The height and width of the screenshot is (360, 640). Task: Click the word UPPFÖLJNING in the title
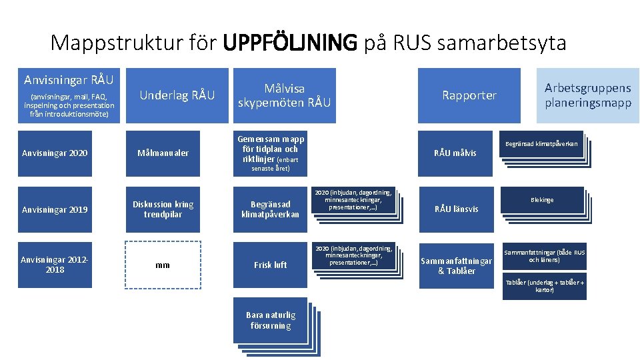tap(290, 43)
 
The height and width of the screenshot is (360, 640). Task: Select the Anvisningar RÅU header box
tap(69, 95)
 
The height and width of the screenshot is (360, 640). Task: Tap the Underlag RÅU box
tap(177, 95)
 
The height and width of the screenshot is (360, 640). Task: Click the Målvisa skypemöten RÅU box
tap(284, 95)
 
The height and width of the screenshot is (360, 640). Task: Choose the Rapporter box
tap(469, 95)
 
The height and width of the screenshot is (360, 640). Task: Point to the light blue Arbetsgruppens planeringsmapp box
tap(587, 95)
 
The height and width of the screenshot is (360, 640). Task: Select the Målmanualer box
tap(163, 153)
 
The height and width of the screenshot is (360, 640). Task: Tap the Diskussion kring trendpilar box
tap(163, 209)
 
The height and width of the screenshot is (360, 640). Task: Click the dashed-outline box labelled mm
tap(163, 265)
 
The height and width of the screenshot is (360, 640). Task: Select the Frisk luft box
tap(270, 265)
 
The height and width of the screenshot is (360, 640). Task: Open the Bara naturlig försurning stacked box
tap(270, 320)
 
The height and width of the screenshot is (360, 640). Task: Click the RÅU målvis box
tap(455, 153)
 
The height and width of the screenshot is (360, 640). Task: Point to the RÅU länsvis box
tap(455, 209)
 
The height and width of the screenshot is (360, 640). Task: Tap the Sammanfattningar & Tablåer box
tap(456, 265)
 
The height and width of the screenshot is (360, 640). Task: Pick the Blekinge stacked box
tap(542, 200)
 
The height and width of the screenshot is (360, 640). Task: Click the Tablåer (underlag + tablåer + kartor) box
tap(544, 285)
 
